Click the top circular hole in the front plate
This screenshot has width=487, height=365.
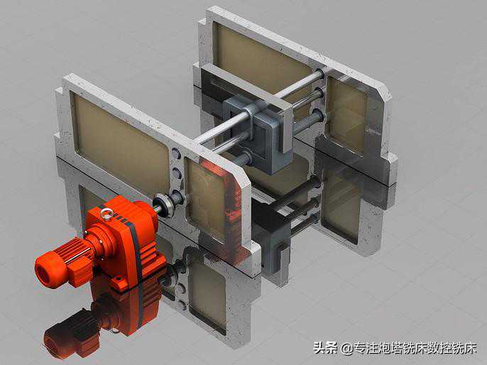(176, 154)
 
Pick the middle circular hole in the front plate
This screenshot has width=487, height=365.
(177, 173)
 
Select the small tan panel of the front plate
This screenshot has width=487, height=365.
(207, 199)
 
